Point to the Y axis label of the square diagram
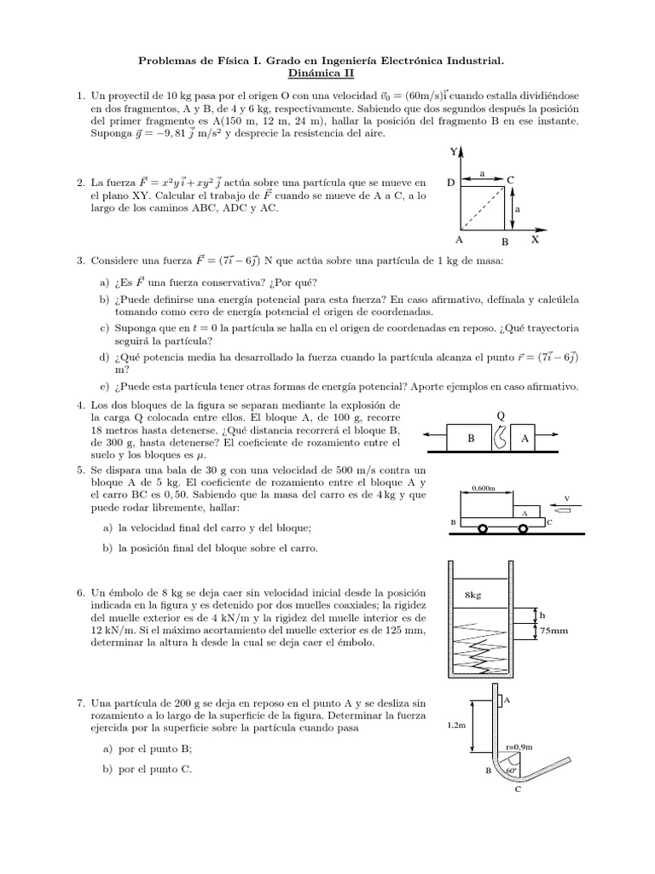click(x=454, y=153)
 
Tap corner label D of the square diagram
click(x=449, y=182)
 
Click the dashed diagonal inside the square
click(x=487, y=206)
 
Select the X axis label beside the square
click(x=535, y=241)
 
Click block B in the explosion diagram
click(x=470, y=437)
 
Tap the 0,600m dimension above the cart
click(x=484, y=489)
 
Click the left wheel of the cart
click(x=484, y=528)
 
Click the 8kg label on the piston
click(x=475, y=594)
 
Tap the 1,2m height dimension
click(x=456, y=725)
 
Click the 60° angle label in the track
click(x=511, y=770)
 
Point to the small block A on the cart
click(x=525, y=513)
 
